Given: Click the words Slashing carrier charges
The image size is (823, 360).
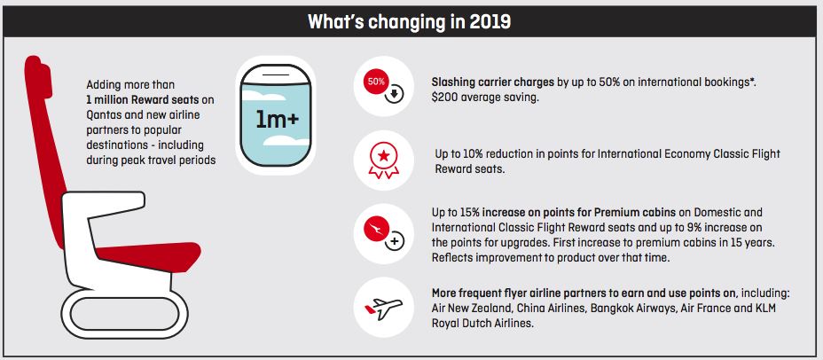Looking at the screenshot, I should (492, 82).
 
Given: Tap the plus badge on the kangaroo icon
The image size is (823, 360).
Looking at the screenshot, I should (396, 241).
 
